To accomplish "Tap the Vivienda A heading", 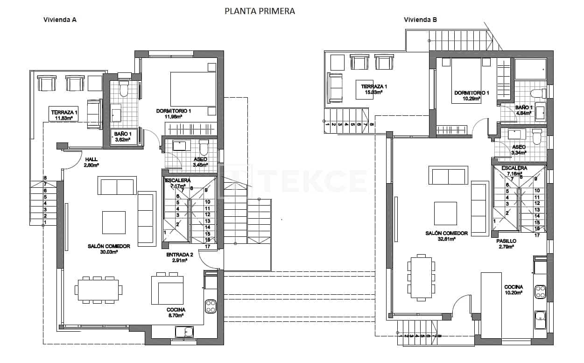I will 60,20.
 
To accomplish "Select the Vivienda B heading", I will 420,20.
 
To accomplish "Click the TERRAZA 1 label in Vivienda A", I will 64,112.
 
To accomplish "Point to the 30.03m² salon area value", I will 108,252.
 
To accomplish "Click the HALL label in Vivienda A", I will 91,159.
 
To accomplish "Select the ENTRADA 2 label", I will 179,255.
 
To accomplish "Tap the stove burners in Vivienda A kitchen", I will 211,306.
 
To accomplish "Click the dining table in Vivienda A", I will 99,290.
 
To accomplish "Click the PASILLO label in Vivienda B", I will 506,241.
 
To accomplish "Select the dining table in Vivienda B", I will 422,276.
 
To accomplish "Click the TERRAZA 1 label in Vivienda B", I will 374,86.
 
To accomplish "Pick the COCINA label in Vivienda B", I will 513,287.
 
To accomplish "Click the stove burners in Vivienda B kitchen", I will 541,292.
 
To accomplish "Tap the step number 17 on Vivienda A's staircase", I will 208,246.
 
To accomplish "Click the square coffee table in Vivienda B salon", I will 445,213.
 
